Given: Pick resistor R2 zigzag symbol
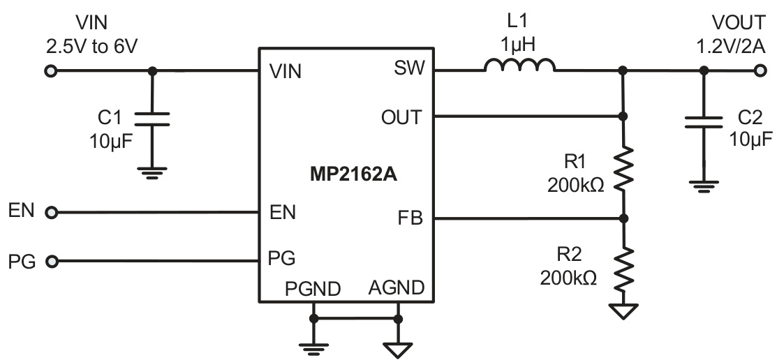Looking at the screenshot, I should (623, 269).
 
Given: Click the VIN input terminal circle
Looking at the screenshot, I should (50, 70).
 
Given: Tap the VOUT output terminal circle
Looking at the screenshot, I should (760, 70).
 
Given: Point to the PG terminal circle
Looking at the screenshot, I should (50, 262).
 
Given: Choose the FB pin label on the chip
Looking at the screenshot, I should (410, 219).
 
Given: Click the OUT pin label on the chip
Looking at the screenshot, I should (401, 117).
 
